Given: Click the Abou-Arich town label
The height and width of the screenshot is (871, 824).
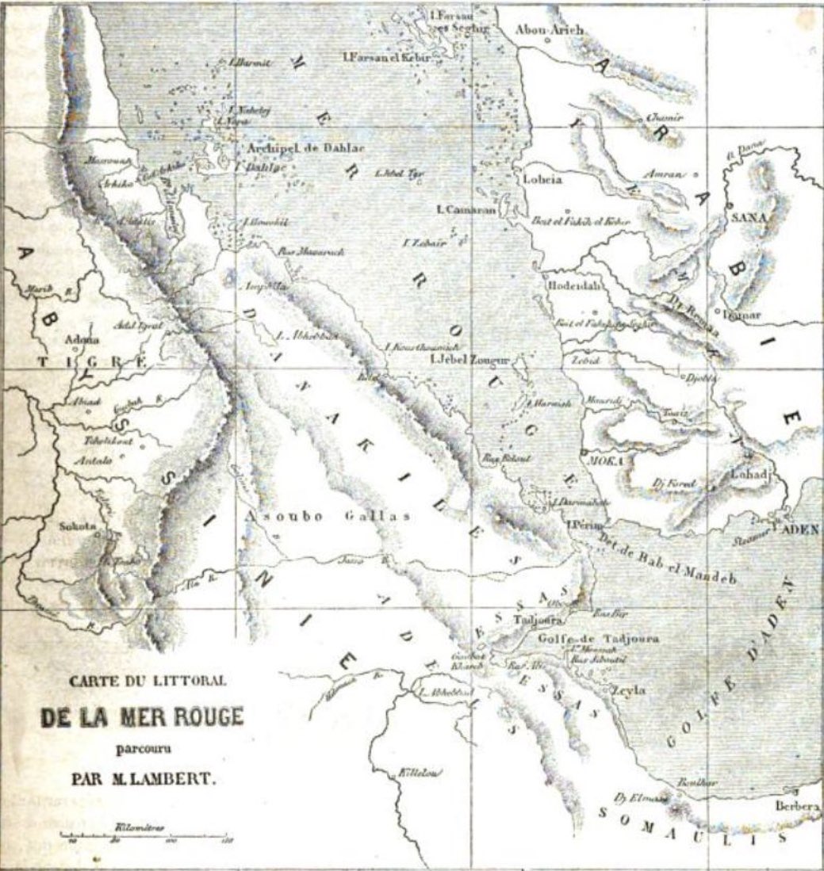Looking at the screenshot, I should pos(550,30).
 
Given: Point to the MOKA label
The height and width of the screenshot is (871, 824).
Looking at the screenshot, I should pos(600,460).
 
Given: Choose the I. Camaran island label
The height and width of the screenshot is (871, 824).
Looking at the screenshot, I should pos(466,210).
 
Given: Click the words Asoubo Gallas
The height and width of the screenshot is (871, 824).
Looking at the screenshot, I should pos(327,517).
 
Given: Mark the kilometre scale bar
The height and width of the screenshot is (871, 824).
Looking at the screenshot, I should pos(144,836).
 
